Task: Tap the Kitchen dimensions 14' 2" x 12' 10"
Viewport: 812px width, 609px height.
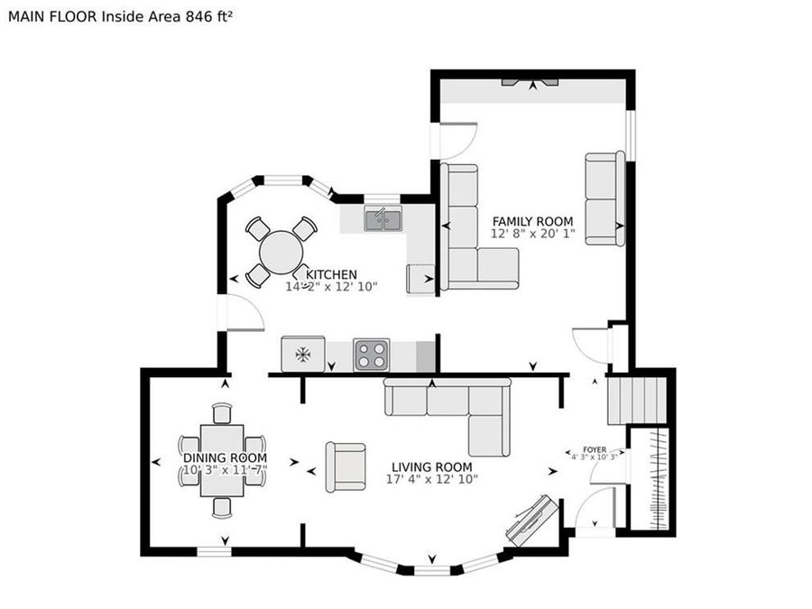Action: click(x=331, y=287)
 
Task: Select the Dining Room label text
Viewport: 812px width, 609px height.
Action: click(x=225, y=458)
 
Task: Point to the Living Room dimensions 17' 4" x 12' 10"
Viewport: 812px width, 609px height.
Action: click(x=432, y=479)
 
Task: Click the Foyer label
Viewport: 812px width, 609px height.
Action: click(x=594, y=448)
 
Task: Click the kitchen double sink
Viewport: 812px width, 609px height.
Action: click(x=383, y=219)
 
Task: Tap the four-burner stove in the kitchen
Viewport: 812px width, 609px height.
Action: click(x=371, y=354)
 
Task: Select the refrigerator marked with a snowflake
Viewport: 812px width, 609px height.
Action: click(x=303, y=354)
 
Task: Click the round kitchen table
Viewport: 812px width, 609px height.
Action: click(x=281, y=252)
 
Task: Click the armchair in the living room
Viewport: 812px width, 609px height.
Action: click(x=346, y=466)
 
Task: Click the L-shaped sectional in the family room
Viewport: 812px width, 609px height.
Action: click(x=469, y=235)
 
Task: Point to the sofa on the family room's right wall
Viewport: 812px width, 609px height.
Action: click(x=604, y=198)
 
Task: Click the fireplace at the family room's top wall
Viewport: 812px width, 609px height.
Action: click(x=531, y=84)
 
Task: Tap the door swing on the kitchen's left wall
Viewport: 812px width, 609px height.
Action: click(x=242, y=313)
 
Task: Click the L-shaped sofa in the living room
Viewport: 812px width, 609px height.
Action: click(x=460, y=406)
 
